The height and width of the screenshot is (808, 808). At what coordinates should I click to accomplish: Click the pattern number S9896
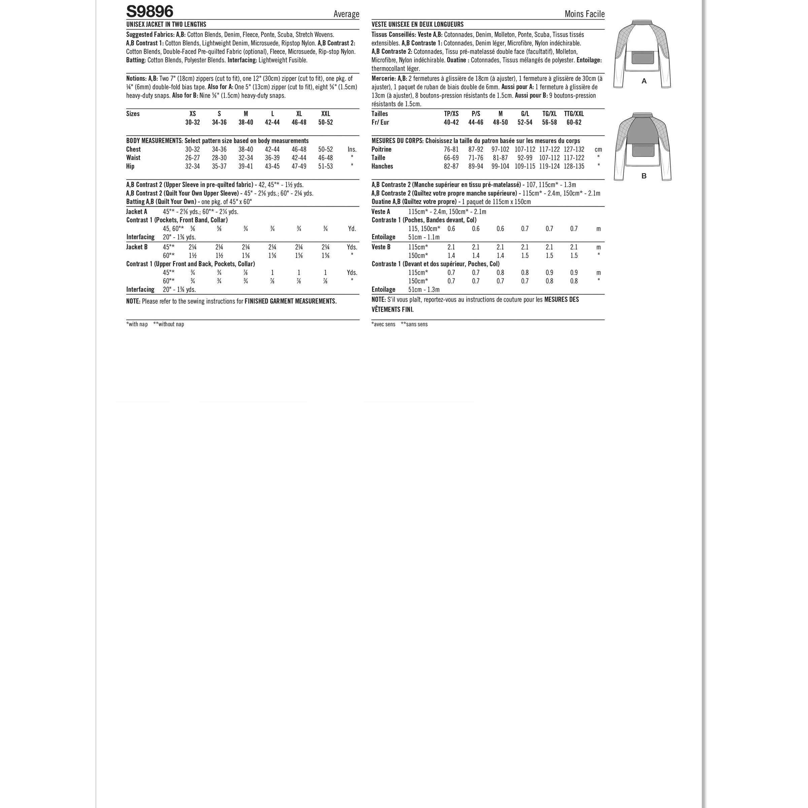pyautogui.click(x=150, y=11)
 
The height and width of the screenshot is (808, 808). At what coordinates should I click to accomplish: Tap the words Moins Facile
pyautogui.click(x=584, y=14)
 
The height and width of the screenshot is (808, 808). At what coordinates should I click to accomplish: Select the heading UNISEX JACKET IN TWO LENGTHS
pyautogui.click(x=166, y=25)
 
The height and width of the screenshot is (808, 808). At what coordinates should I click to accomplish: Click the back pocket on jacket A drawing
pyautogui.click(x=644, y=57)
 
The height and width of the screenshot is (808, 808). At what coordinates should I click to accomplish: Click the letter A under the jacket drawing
pyautogui.click(x=644, y=81)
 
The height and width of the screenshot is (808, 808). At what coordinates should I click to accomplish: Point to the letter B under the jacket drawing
pyautogui.click(x=644, y=176)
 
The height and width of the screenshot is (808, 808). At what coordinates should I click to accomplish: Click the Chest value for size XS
pyautogui.click(x=192, y=149)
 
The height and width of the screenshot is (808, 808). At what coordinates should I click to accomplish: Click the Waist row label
pyautogui.click(x=133, y=158)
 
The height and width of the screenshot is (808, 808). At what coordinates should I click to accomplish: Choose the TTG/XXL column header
pyautogui.click(x=574, y=114)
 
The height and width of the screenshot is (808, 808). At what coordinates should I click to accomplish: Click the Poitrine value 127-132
pyautogui.click(x=574, y=149)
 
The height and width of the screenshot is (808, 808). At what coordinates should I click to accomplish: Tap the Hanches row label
pyautogui.click(x=382, y=166)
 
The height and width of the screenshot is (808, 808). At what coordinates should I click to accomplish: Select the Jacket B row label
pyautogui.click(x=137, y=247)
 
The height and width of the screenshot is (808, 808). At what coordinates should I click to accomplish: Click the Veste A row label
pyautogui.click(x=380, y=212)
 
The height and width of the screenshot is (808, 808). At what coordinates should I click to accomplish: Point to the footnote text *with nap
pyautogui.click(x=137, y=324)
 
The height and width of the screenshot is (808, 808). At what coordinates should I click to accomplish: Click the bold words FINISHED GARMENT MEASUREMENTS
pyautogui.click(x=290, y=301)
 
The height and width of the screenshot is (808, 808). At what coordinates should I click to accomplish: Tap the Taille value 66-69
pyautogui.click(x=451, y=158)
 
